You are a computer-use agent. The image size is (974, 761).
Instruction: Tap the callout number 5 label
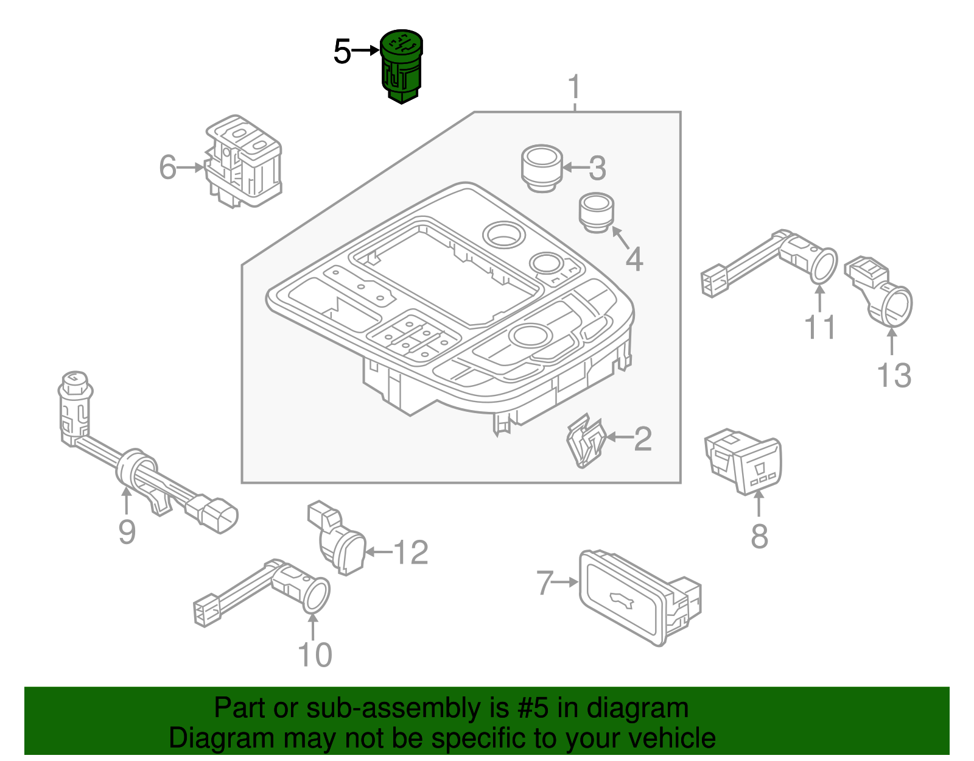tap(342, 52)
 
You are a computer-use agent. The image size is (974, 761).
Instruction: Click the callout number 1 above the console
tap(575, 89)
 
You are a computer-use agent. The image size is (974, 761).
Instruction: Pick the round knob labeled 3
tap(542, 168)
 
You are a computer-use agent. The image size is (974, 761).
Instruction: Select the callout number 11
tap(820, 327)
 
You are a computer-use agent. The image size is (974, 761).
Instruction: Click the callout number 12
tap(411, 553)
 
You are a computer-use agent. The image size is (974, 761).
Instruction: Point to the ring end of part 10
tap(315, 595)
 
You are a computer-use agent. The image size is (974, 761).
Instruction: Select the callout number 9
tap(127, 532)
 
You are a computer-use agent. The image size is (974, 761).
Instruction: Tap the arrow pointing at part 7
tap(566, 582)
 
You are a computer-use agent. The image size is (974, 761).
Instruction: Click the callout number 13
tap(894, 375)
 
